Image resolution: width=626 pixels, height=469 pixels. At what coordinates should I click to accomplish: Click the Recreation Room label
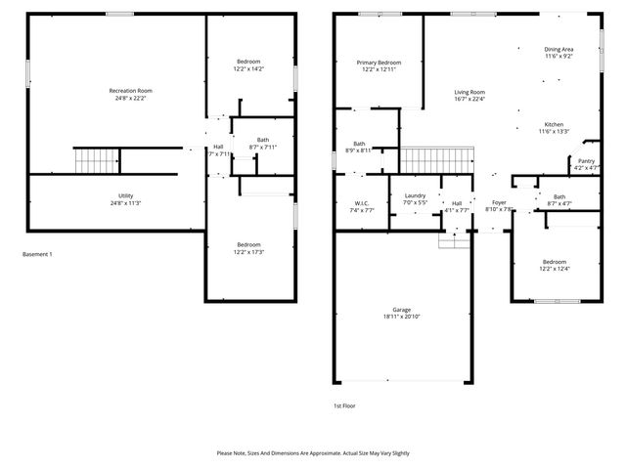pos(130,91)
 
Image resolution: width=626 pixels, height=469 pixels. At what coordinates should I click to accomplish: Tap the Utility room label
pos(126,196)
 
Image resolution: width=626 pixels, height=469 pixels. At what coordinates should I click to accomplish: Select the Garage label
pos(402,310)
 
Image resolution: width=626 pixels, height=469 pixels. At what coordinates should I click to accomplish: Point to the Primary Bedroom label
pos(376,63)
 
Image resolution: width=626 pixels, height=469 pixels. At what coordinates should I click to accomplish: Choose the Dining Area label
pos(559,49)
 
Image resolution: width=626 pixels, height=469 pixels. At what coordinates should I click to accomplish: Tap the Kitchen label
pos(555,124)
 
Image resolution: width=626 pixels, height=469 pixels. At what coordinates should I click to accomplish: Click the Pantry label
pos(586,161)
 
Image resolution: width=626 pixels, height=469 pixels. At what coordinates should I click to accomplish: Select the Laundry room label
pos(415,196)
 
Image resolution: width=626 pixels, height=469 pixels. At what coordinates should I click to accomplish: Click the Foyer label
pos(499,202)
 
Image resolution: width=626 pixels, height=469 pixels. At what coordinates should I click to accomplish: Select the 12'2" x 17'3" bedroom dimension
pos(248,252)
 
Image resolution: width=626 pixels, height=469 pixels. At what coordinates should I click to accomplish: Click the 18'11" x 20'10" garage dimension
pos(402,318)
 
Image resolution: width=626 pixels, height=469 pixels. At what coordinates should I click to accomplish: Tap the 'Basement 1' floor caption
pos(37,254)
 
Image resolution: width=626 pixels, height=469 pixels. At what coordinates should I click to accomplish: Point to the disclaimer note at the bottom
pos(312,453)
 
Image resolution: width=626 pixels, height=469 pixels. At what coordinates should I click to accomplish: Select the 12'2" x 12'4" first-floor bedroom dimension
pos(555,269)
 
